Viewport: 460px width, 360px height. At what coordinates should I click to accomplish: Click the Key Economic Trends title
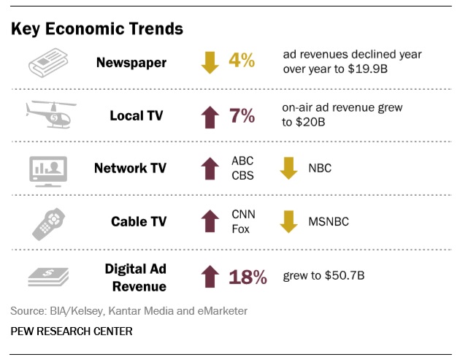(96, 28)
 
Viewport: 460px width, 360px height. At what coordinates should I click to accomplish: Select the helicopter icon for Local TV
(50, 113)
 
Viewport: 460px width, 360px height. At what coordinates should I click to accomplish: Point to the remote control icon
(50, 221)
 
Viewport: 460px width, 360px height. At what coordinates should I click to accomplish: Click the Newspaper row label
(131, 62)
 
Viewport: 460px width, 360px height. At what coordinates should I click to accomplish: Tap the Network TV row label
(130, 169)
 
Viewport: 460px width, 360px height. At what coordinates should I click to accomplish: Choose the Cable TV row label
(139, 221)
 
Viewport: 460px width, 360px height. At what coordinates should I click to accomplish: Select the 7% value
(242, 115)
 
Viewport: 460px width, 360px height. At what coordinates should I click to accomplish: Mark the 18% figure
(248, 277)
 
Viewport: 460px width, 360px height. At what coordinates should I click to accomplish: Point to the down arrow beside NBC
(288, 169)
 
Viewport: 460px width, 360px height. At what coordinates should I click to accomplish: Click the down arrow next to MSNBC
(288, 221)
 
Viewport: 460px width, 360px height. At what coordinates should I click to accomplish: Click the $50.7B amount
(342, 277)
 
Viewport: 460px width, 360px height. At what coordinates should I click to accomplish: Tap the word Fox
(242, 229)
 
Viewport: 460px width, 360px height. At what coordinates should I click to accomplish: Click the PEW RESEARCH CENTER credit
(72, 331)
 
